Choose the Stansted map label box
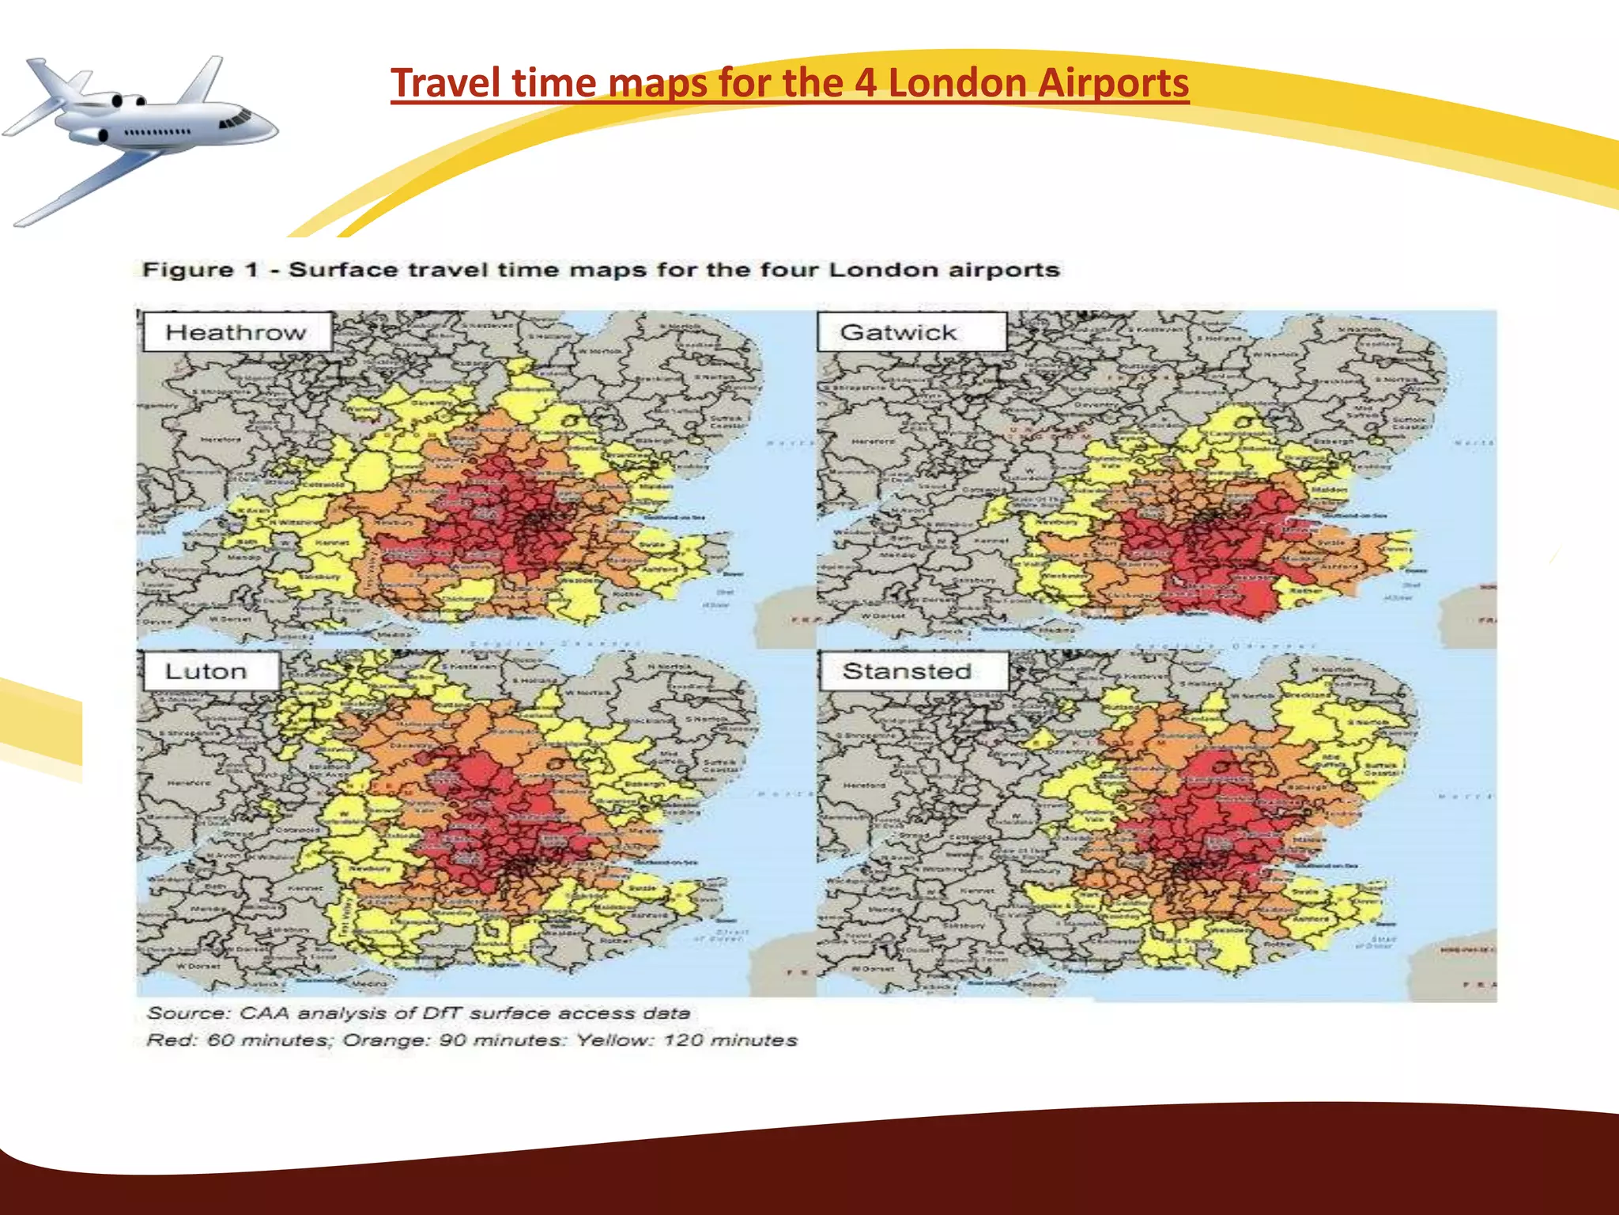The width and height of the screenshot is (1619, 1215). click(913, 672)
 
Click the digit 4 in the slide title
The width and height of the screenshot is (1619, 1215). click(866, 84)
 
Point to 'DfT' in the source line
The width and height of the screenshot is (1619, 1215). click(443, 1013)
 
